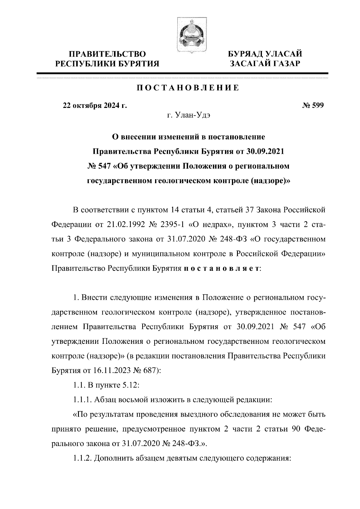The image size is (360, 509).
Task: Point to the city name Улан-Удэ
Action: click(x=192, y=115)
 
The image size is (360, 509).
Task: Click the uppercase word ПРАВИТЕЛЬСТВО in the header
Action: click(x=108, y=54)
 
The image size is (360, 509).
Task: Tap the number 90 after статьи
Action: click(x=296, y=429)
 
